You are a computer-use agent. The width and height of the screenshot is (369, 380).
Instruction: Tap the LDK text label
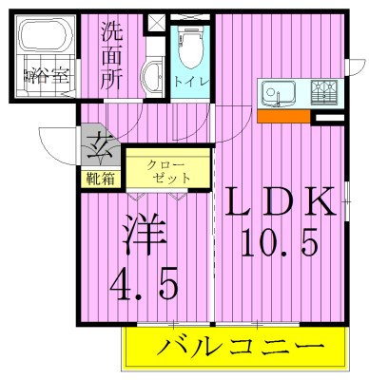pos(281,202)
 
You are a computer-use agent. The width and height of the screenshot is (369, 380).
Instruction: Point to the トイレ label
pos(185,82)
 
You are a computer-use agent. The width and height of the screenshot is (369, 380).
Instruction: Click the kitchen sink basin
pos(279,92)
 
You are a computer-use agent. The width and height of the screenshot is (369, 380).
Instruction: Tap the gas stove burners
pos(324,92)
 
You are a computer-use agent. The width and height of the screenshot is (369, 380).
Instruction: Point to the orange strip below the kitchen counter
pos(283,116)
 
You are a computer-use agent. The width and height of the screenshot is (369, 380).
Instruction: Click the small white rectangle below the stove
pos(328,116)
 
